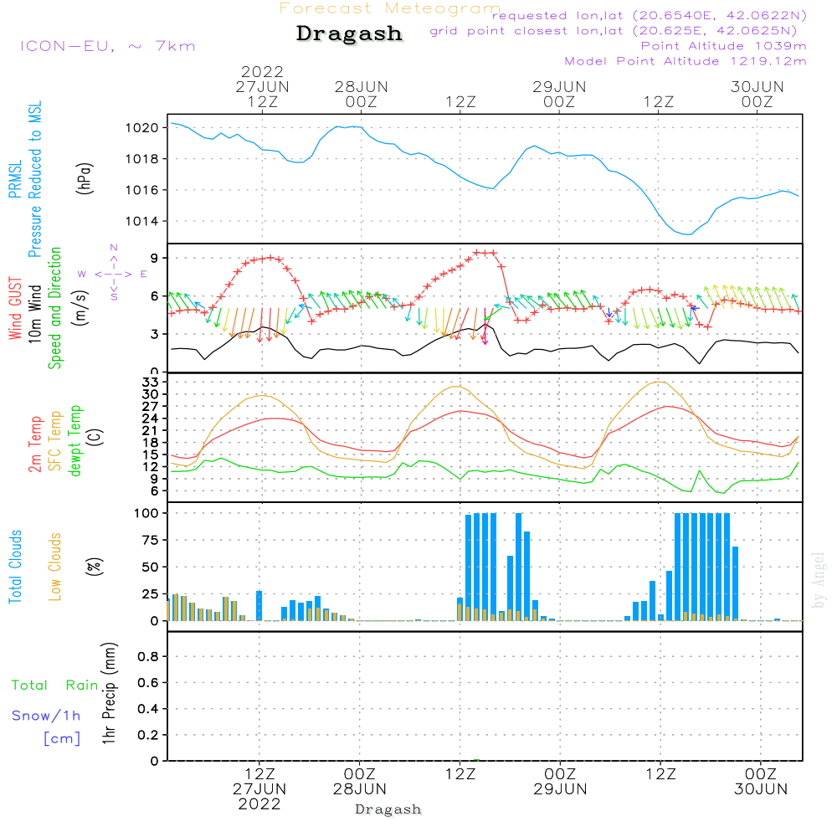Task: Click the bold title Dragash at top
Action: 349,34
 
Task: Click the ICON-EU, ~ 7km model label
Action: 107,46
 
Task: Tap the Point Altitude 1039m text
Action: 723,46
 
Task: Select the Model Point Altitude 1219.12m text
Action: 686,61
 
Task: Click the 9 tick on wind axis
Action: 156,257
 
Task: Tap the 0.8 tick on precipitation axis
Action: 147,657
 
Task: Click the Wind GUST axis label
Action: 16,311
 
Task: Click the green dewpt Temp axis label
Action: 75,441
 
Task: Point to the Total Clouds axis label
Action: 16,567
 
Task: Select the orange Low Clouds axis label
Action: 55,567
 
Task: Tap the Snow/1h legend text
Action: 47,716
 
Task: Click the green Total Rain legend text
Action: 55,686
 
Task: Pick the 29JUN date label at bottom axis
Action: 560,789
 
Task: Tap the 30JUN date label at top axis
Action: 757,87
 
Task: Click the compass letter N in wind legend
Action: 114,248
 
